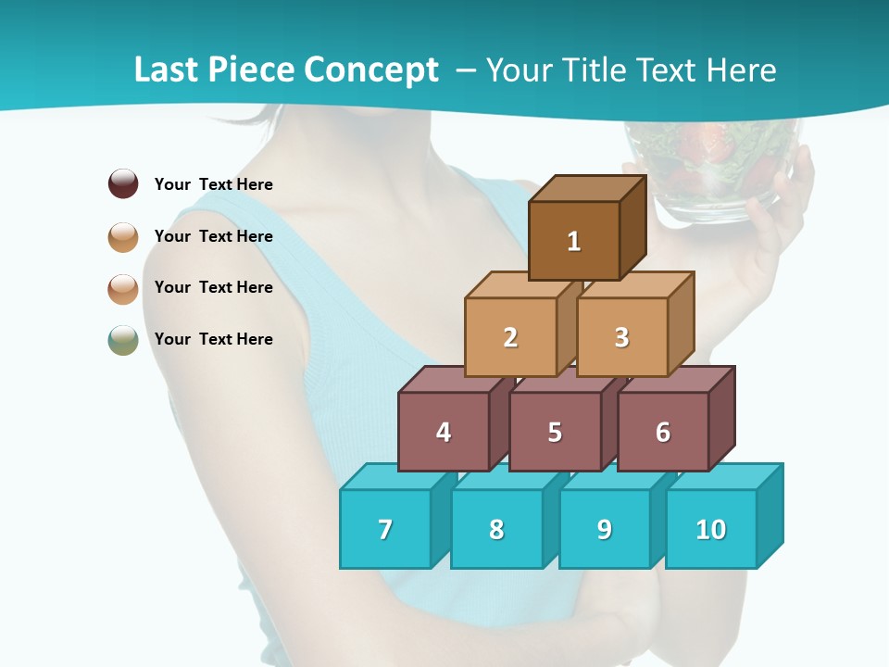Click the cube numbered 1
574,241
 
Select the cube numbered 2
510,337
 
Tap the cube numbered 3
621,337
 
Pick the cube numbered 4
444,432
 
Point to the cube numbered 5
555,432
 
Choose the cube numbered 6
663,432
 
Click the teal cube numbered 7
385,529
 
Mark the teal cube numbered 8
496,529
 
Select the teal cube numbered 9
604,529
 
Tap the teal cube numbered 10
711,529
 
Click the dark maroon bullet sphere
123,183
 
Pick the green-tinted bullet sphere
123,339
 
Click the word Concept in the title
371,69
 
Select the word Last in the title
167,69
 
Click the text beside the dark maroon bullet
214,184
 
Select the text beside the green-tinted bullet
214,339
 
